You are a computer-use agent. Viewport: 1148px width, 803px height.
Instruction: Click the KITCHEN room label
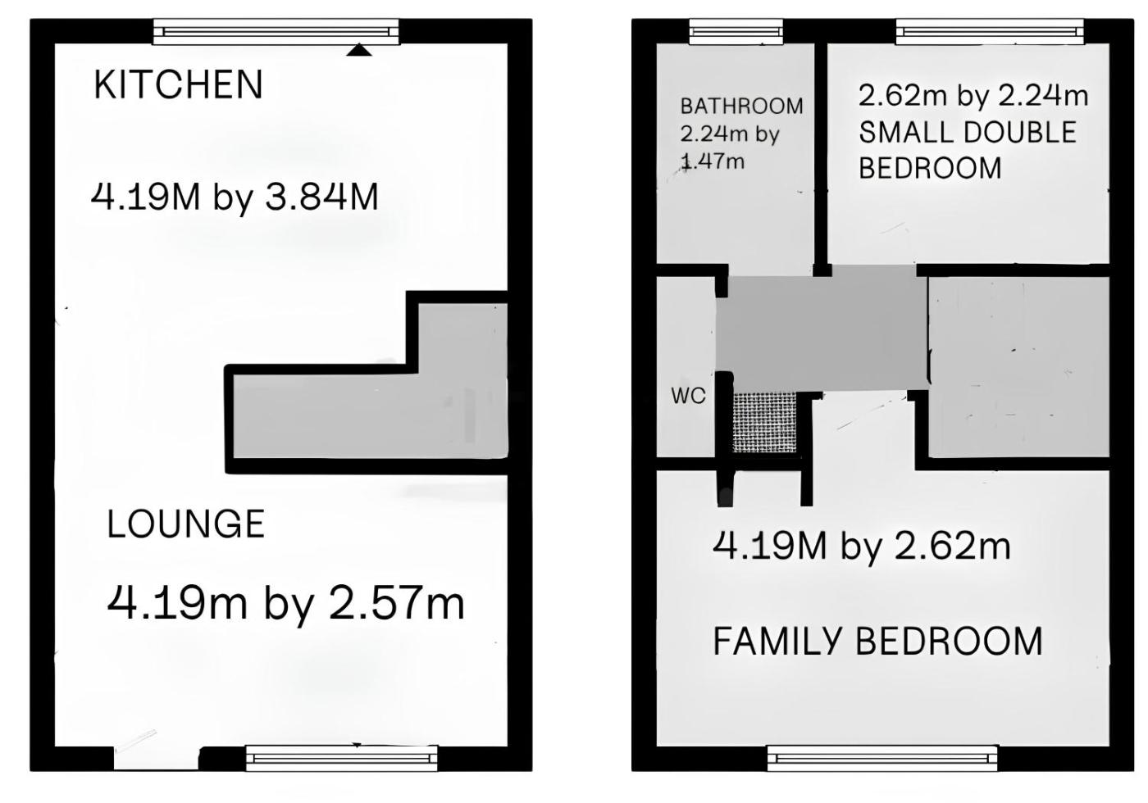[179, 84]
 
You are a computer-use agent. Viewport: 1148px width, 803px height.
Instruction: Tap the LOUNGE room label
[185, 524]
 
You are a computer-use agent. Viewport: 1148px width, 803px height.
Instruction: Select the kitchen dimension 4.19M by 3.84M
[235, 197]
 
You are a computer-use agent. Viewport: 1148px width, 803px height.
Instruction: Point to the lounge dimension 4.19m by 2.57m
[285, 603]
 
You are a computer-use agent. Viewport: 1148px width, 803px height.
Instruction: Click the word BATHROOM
[741, 107]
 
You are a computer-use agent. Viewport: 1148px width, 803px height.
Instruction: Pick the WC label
[688, 396]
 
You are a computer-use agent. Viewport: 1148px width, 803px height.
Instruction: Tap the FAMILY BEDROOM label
[878, 641]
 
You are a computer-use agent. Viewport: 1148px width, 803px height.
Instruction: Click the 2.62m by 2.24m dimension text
[973, 96]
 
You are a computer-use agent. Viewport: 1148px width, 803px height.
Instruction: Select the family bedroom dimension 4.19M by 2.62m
[862, 547]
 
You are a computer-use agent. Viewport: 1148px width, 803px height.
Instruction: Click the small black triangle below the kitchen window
[359, 50]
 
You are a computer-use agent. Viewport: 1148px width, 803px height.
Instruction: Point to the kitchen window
[276, 32]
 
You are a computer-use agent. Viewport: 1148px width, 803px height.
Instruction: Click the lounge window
[342, 759]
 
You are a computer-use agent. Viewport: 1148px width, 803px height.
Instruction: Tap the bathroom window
[736, 32]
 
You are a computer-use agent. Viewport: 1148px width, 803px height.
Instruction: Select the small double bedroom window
[990, 32]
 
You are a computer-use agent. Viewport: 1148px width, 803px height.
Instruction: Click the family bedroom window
[882, 759]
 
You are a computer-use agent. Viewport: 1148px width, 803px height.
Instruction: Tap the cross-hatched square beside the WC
[764, 423]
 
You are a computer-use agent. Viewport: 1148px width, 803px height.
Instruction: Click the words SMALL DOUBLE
[968, 132]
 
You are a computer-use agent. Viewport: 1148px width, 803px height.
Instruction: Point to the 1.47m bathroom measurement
[713, 162]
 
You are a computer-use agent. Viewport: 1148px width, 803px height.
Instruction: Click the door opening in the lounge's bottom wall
[156, 759]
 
